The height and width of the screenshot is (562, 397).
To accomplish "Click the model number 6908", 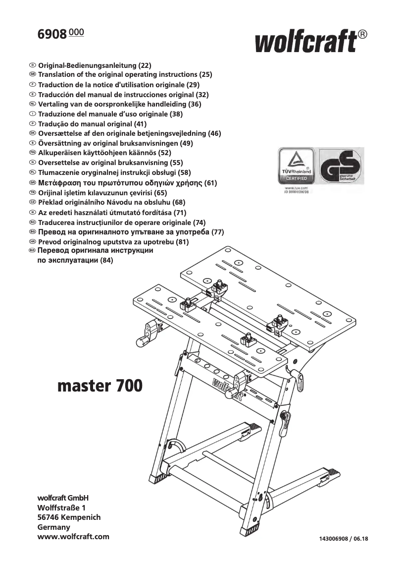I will [52, 35].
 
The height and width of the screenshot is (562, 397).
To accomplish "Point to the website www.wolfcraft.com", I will [73, 537].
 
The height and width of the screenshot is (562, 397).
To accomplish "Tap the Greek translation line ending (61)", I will [127, 183].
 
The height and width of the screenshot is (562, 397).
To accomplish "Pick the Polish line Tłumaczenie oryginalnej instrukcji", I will [114, 173].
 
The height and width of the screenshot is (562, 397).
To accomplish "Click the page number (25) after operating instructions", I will [205, 75].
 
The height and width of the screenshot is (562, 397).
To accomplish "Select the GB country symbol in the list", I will [33, 75].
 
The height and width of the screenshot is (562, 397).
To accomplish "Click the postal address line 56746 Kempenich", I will [69, 517].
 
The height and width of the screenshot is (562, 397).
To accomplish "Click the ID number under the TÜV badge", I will [297, 192].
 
